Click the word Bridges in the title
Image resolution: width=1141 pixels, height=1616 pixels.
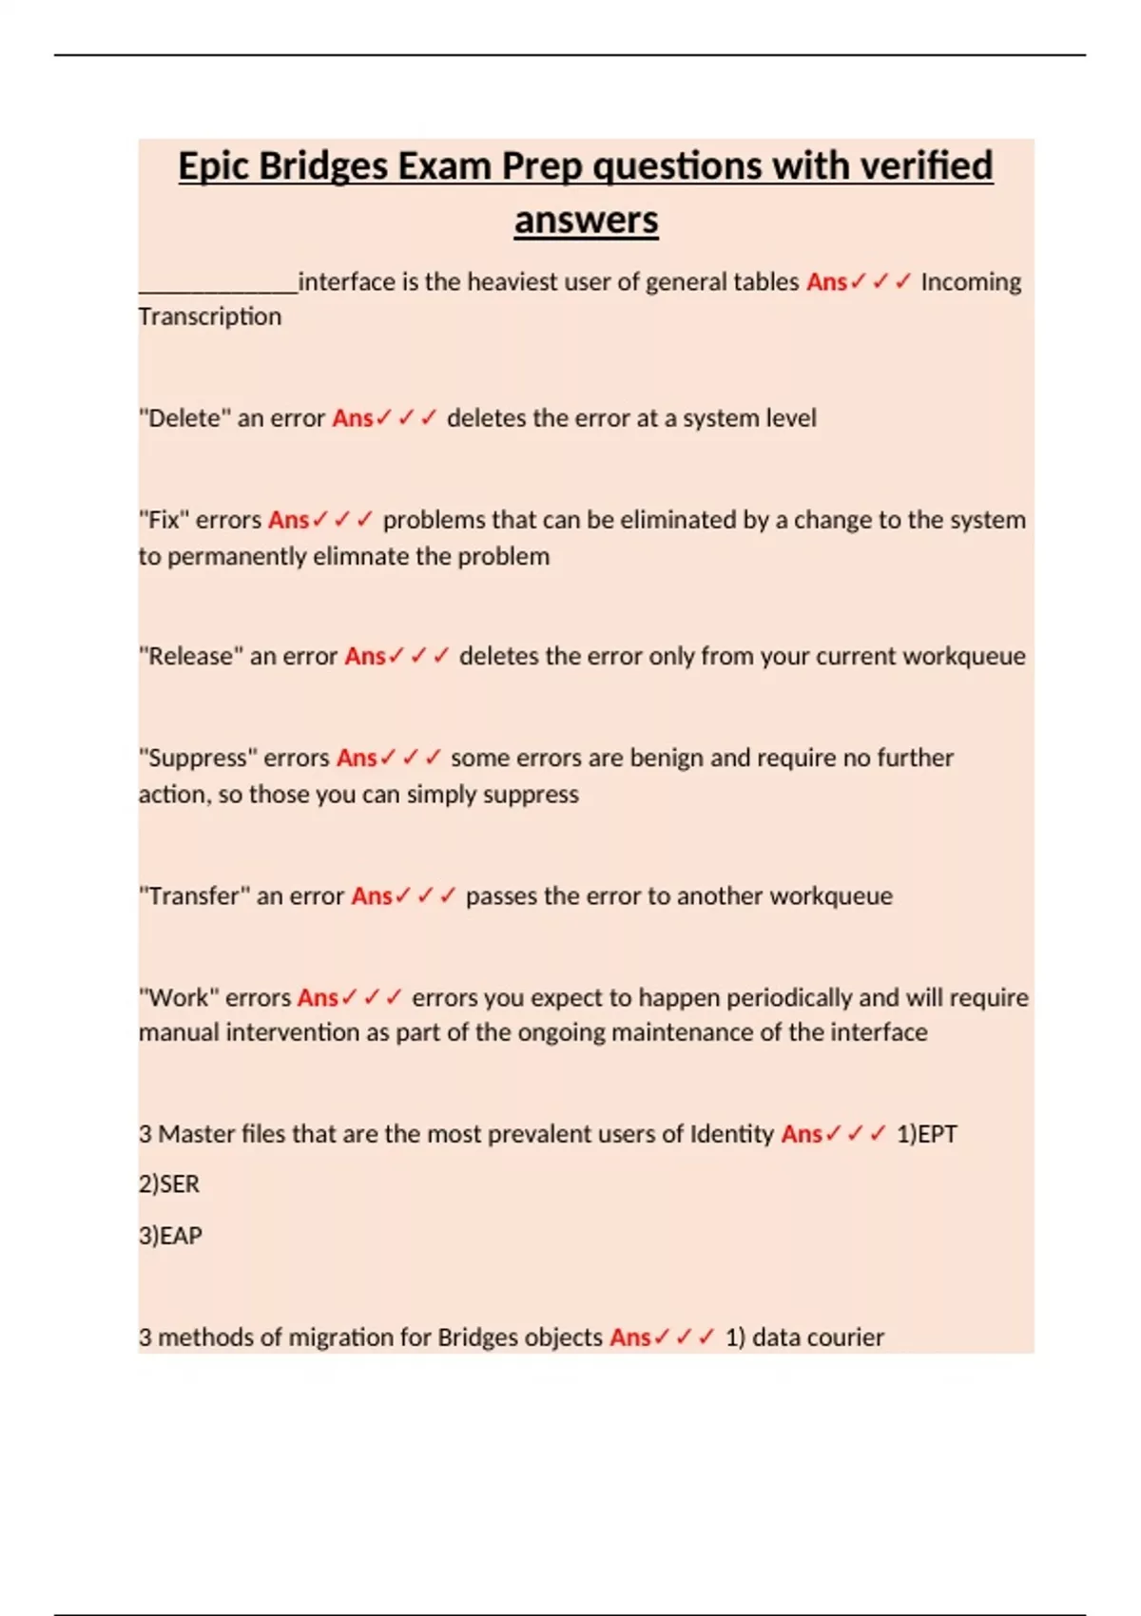[x=322, y=166]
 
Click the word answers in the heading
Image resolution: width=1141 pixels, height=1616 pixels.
[x=586, y=221]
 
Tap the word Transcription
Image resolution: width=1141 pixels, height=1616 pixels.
[x=210, y=317]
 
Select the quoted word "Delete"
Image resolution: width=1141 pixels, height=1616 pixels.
[x=184, y=418]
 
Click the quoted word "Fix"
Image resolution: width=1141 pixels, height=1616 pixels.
[x=164, y=520]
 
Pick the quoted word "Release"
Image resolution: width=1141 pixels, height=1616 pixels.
[x=191, y=656]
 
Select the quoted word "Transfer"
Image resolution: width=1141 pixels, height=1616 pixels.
[x=194, y=895]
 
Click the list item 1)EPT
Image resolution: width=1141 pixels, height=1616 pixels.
[x=926, y=1134]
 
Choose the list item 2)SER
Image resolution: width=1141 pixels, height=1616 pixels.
[x=169, y=1184]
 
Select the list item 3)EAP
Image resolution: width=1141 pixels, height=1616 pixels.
[x=170, y=1236]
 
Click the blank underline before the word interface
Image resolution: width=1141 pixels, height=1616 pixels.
[x=218, y=285]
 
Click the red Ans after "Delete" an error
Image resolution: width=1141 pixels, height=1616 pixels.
[x=353, y=418]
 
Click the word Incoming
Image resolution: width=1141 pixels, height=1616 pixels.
[x=970, y=282]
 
